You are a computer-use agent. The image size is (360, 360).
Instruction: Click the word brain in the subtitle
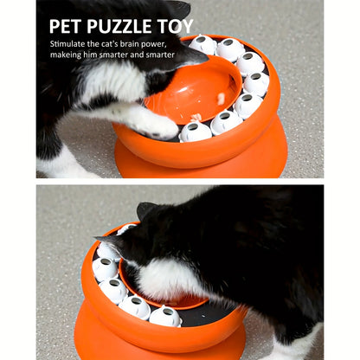[x=143, y=42]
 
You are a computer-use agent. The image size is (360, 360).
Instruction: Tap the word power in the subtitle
[x=173, y=42]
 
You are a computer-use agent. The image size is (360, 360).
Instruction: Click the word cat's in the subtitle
[x=119, y=42]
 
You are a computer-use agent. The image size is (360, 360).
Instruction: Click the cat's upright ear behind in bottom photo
[x=145, y=210]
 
